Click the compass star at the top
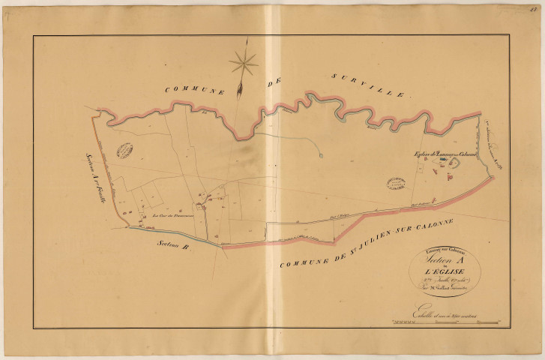click(244, 63)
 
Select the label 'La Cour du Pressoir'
click(173, 218)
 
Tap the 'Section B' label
click(175, 246)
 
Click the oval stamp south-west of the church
click(394, 184)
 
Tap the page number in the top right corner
click(538, 7)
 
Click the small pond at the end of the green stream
click(320, 155)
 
